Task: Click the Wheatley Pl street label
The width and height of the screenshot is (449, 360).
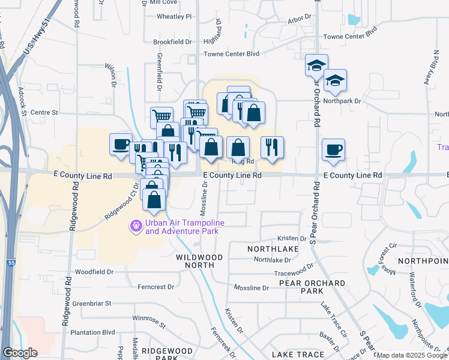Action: (x=173, y=17)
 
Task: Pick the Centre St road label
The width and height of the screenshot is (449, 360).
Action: (x=43, y=112)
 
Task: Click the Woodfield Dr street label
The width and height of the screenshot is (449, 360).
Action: (x=94, y=272)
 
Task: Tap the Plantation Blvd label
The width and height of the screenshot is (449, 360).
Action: (x=92, y=332)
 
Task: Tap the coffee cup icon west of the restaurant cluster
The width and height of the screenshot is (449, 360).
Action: (x=121, y=144)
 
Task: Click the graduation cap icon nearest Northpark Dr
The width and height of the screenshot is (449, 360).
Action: (x=335, y=80)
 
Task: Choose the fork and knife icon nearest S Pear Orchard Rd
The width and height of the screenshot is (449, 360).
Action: (x=272, y=147)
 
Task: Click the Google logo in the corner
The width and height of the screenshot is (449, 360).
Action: (x=20, y=353)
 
